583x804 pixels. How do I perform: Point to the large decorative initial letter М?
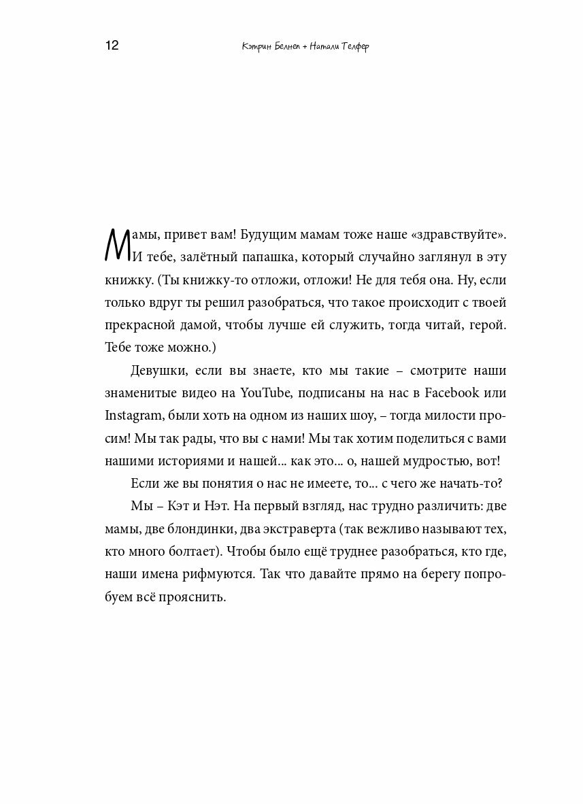click(x=118, y=244)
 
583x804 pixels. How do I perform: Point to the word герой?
click(x=486, y=325)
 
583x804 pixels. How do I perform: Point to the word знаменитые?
click(x=140, y=392)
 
